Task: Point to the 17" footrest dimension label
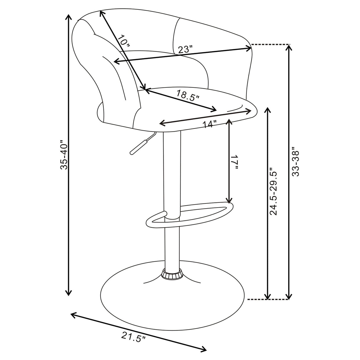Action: pyautogui.click(x=235, y=162)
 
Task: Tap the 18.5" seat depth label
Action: pyautogui.click(x=188, y=96)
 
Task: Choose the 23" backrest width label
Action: pyautogui.click(x=185, y=49)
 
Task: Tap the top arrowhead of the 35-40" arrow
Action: pyautogui.click(x=69, y=16)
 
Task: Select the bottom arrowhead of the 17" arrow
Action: pyautogui.click(x=229, y=201)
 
